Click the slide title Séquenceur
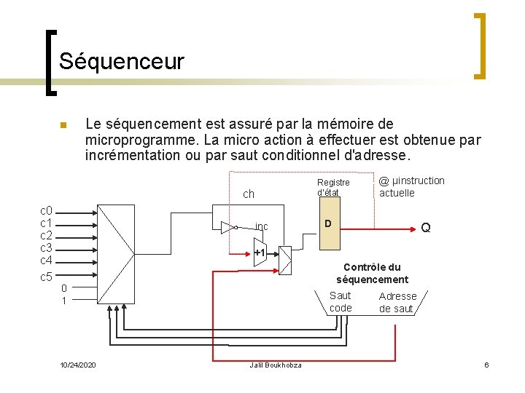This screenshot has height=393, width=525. (122, 61)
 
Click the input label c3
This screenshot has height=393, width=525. (46, 248)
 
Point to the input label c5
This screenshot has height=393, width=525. (46, 277)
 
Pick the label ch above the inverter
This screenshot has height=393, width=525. (249, 194)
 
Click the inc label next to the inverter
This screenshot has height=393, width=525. (262, 226)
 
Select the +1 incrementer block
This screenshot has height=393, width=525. (259, 253)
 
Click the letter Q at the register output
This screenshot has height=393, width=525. (426, 228)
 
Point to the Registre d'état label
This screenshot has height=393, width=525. (333, 187)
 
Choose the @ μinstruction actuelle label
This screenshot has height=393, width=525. (412, 186)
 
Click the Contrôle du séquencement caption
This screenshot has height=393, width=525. (372, 273)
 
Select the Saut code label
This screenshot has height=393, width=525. (341, 301)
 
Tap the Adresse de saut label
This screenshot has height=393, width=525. (397, 302)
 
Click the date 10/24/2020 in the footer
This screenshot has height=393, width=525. (79, 365)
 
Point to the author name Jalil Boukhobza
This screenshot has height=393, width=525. (276, 365)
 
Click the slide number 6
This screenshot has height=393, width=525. (486, 364)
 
